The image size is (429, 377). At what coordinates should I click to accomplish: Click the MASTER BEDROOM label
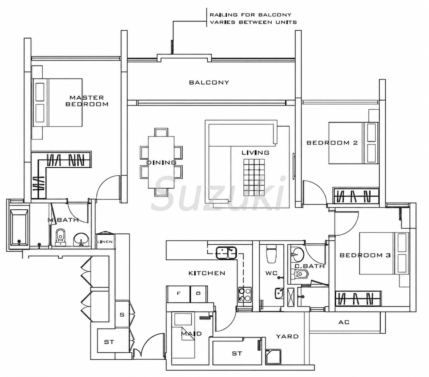pyautogui.click(x=87, y=101)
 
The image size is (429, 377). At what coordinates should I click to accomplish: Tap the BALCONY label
pyautogui.click(x=209, y=82)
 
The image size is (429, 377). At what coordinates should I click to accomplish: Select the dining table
pyautogui.click(x=161, y=162)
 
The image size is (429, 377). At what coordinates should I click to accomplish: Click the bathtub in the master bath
pyautogui.click(x=19, y=228)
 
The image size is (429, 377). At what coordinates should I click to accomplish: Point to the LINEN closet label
pyautogui.click(x=105, y=242)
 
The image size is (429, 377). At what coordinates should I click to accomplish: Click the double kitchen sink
pyautogui.click(x=226, y=253)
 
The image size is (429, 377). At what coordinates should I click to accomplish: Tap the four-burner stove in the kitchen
pyautogui.click(x=245, y=294)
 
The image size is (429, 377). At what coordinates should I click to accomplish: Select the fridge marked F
pyautogui.click(x=179, y=294)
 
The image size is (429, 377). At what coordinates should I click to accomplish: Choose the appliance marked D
pyautogui.click(x=198, y=294)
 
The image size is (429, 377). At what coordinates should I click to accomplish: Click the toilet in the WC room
pyautogui.click(x=271, y=254)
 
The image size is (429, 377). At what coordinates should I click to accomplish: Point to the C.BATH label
pyautogui.click(x=309, y=266)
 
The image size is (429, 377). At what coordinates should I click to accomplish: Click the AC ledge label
pyautogui.click(x=344, y=323)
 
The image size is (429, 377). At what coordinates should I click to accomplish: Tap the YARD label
pyautogui.click(x=287, y=336)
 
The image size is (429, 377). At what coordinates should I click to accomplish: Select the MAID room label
pyautogui.click(x=191, y=334)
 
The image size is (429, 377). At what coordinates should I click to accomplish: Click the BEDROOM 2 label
pyautogui.click(x=332, y=143)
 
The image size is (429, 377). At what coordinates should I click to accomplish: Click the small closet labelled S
pyautogui.click(x=122, y=315)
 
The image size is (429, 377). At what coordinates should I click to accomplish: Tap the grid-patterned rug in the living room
pyautogui.click(x=254, y=177)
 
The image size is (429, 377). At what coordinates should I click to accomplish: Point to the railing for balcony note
pyautogui.click(x=253, y=18)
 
